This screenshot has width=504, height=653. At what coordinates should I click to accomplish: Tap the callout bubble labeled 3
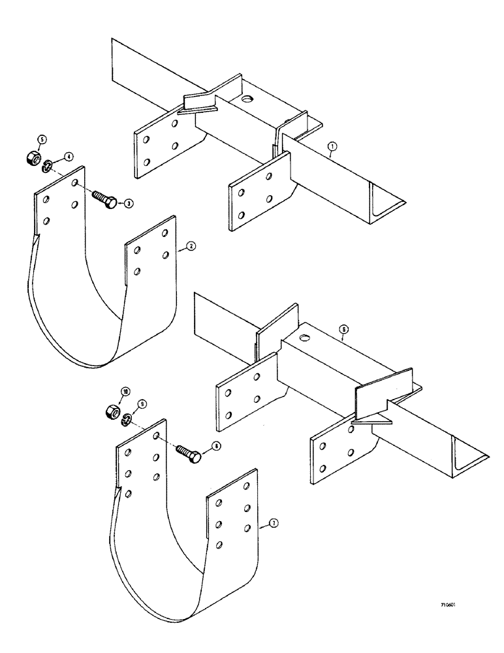click(x=129, y=204)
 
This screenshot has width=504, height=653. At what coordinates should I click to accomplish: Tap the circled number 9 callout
click(x=144, y=404)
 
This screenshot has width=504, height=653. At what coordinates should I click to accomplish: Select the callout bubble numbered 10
click(x=123, y=391)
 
